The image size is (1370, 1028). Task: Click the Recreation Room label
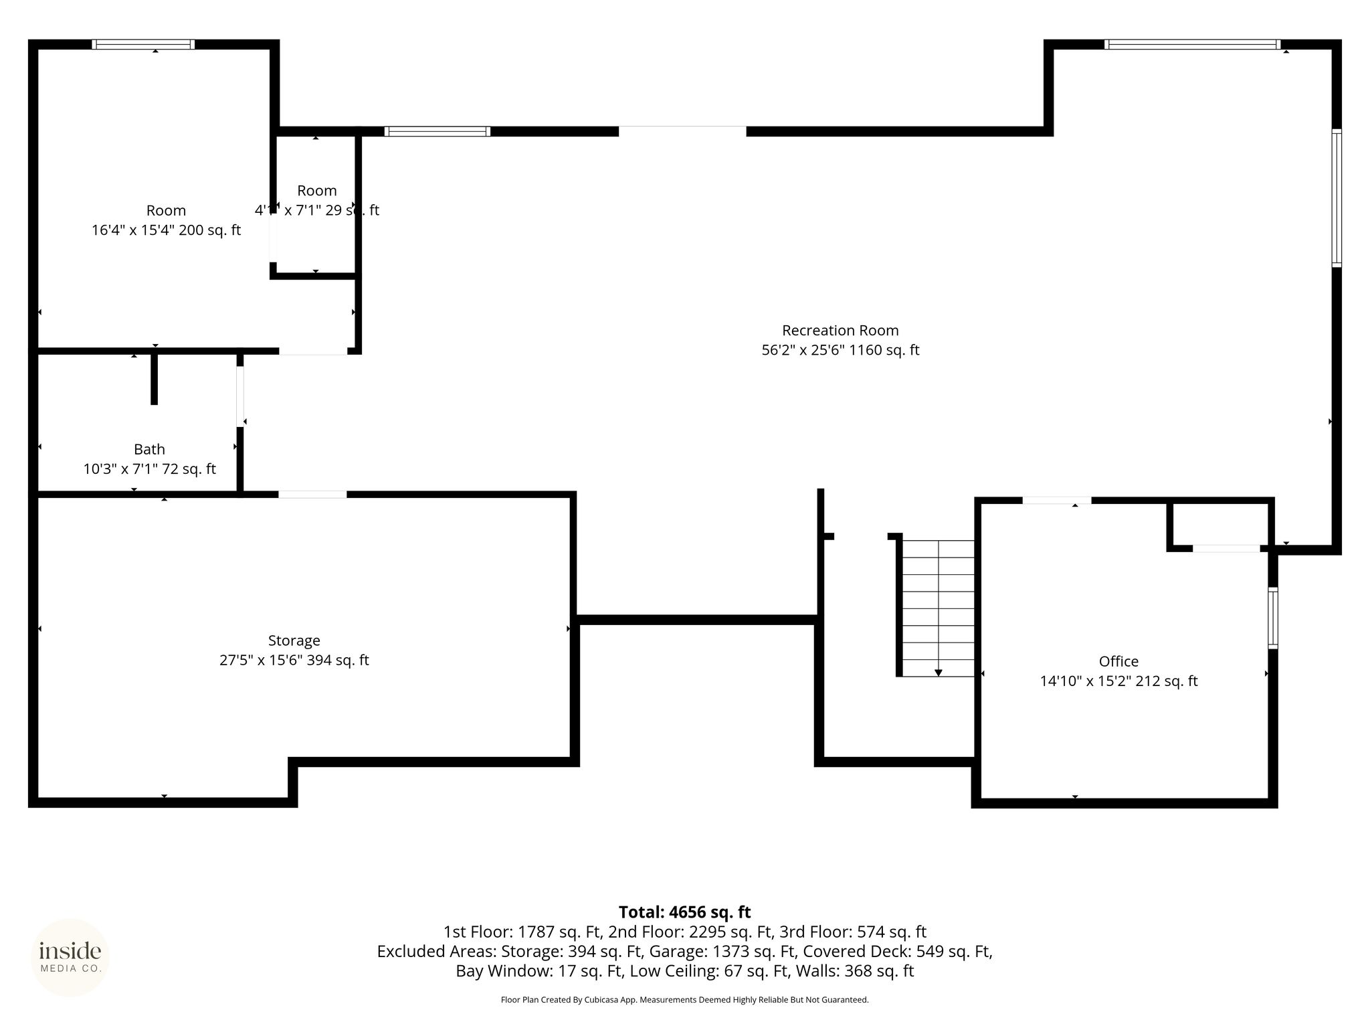[840, 331]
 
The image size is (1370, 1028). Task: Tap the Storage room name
[294, 641]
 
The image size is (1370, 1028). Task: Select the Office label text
[1118, 661]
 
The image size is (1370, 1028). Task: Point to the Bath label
[149, 450]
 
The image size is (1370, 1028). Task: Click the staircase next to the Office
[938, 608]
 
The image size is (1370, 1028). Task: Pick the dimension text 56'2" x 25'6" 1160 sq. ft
[840, 350]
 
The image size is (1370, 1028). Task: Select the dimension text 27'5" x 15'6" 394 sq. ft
[294, 661]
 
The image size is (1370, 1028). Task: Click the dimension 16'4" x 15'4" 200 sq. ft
[166, 231]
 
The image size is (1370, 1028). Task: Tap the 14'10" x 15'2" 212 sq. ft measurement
[1118, 681]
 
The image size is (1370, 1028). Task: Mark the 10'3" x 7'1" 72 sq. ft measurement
[149, 469]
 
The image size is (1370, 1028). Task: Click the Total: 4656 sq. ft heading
[684, 912]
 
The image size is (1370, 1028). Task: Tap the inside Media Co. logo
[70, 958]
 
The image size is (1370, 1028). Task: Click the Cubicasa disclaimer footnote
[684, 1000]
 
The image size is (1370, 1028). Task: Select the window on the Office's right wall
[1273, 618]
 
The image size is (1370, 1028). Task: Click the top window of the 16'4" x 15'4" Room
[143, 45]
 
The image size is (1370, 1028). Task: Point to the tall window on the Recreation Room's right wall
[1336, 198]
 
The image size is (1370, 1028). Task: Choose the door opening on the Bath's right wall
[240, 396]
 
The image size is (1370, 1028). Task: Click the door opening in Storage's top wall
[312, 495]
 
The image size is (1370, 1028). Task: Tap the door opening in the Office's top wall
[1056, 501]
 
